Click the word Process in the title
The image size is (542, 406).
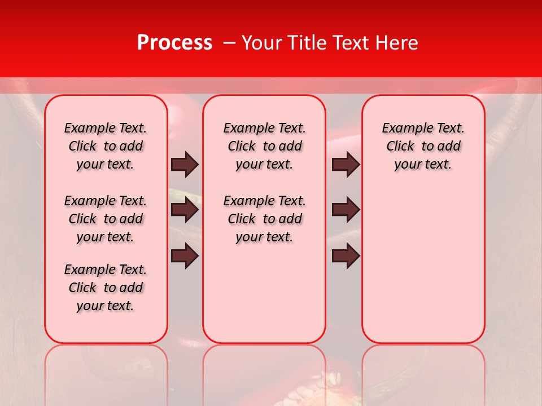(x=174, y=43)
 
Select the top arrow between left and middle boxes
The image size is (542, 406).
(x=185, y=164)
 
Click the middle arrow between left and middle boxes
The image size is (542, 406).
(x=185, y=210)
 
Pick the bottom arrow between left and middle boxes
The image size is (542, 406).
(x=185, y=256)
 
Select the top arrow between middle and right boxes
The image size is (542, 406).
(x=346, y=164)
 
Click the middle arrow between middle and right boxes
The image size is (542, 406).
(x=346, y=210)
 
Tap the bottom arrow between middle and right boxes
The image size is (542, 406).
(x=346, y=256)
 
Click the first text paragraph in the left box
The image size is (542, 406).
(x=106, y=146)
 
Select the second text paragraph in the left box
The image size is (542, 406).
(x=106, y=219)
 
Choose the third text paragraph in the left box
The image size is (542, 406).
(x=106, y=288)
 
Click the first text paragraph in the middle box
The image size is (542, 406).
(x=265, y=146)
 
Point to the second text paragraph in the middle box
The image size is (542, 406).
(x=265, y=219)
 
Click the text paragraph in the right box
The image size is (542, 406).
(x=423, y=146)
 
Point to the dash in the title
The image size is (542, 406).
(x=229, y=43)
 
